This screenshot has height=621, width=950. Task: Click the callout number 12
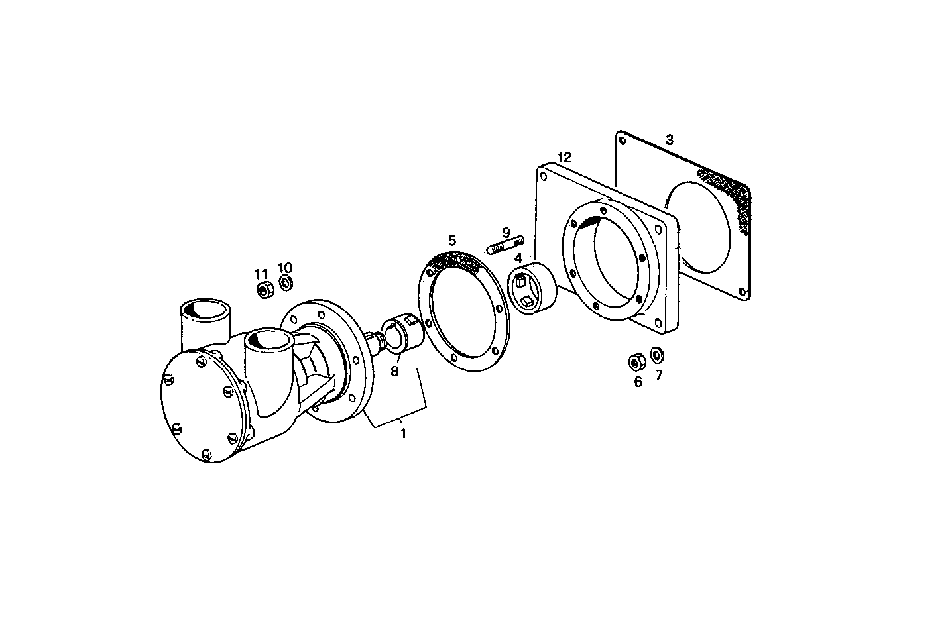[x=564, y=158]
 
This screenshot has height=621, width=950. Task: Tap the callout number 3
[x=670, y=140]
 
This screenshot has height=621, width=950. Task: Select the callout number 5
[x=452, y=240]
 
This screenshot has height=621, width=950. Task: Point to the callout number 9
[x=506, y=233]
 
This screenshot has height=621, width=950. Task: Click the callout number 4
[x=518, y=257]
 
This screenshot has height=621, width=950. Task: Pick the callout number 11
[x=261, y=274]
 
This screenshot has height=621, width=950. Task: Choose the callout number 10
[x=285, y=268]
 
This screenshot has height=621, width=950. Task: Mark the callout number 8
[x=394, y=372]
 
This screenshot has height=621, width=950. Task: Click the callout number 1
[x=402, y=434]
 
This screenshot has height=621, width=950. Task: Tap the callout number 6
[x=638, y=382]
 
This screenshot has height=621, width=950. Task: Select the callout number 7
[x=658, y=375]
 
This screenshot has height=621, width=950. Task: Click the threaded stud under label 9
[x=506, y=245]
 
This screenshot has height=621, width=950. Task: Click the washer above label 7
[x=657, y=355]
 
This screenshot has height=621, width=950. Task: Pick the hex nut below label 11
[x=263, y=290]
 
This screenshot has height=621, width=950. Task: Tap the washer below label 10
[x=286, y=284]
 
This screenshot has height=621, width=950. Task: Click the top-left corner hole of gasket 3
[x=622, y=140]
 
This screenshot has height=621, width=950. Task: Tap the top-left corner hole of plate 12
[x=544, y=177]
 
